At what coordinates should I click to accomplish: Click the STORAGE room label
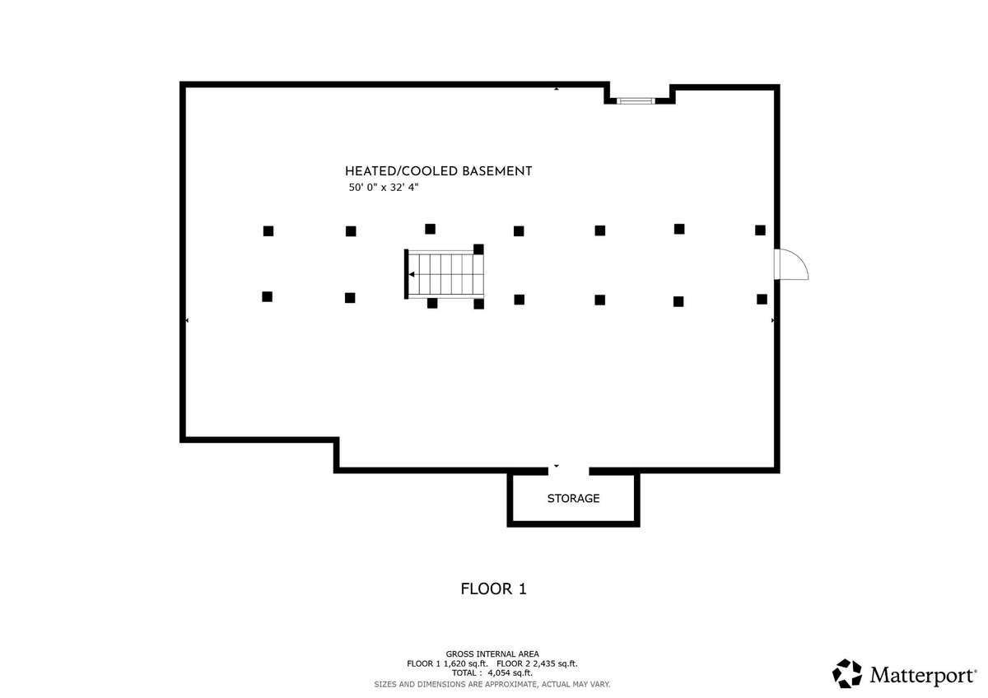coord(573,499)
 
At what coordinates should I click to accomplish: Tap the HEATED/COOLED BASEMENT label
coord(438,171)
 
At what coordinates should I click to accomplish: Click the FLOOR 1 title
coord(493,589)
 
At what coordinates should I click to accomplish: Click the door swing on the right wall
coord(793,265)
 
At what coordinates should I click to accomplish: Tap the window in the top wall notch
coord(636,100)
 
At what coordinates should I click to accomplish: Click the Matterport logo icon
coord(847,673)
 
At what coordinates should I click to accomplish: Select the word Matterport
coord(924,676)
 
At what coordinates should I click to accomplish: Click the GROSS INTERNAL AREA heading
coord(492,654)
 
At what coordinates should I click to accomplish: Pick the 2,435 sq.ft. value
coord(557,663)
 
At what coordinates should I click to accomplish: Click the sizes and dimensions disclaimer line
coord(492,684)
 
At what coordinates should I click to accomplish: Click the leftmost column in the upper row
coord(268,231)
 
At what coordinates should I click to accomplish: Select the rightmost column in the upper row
coord(760,230)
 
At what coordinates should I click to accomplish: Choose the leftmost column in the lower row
coord(267,296)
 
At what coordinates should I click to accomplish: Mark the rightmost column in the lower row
coord(762,299)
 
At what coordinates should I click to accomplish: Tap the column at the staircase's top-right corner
coord(478,249)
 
